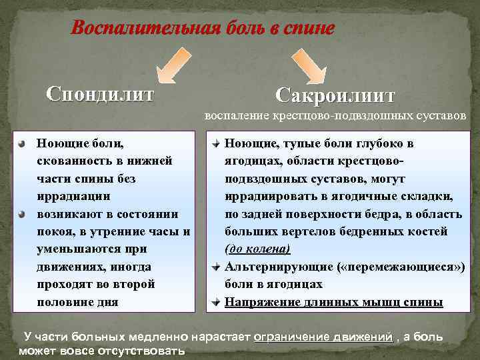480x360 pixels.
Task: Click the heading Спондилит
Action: tap(100, 92)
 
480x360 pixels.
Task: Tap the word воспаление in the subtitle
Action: tap(236, 115)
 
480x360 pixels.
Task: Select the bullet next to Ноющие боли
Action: tap(22, 143)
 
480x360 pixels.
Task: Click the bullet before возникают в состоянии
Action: tap(22, 214)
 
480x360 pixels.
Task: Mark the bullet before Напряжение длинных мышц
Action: tap(216, 302)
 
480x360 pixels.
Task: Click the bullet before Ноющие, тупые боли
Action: tap(216, 143)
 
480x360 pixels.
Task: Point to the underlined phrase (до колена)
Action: tap(257, 249)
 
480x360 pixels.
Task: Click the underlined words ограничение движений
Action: tap(323, 337)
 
